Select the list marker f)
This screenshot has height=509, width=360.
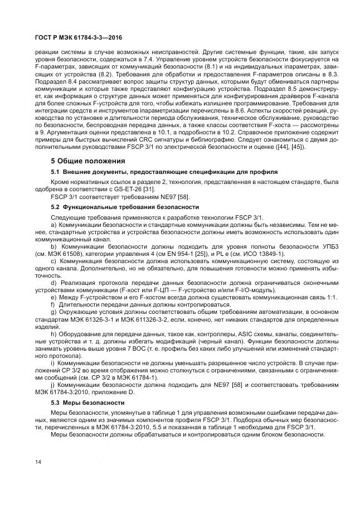[x=53, y=305]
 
